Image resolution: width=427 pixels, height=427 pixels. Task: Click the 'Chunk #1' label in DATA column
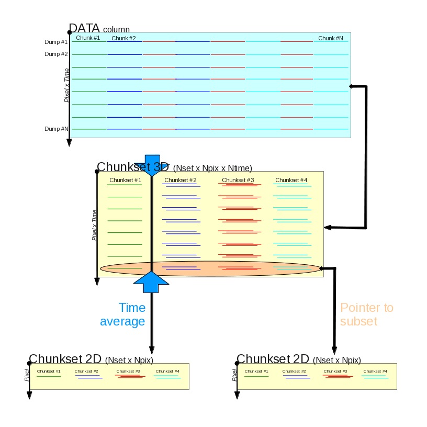pos(88,38)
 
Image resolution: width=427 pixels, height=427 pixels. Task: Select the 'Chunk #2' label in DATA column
pos(123,38)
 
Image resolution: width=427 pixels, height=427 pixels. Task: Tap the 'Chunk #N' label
pos(331,38)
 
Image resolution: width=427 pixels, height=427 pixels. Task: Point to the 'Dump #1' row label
pos(56,42)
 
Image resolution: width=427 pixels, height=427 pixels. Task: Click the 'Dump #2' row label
pos(56,54)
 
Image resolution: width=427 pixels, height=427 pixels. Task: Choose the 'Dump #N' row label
pos(56,129)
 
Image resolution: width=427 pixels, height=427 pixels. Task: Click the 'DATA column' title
pos(99,28)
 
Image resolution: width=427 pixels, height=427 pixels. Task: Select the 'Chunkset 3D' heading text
pos(133,167)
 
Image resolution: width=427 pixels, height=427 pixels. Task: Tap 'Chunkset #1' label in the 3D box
pos(125,181)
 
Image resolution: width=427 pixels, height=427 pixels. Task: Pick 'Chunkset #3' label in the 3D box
pos(238,181)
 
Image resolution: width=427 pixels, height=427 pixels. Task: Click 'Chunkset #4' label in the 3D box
pos(291,181)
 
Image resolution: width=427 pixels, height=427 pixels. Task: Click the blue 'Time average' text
pos(123,314)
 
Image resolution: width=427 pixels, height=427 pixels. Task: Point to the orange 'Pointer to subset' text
pos(366,314)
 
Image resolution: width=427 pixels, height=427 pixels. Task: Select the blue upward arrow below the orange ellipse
pos(152,282)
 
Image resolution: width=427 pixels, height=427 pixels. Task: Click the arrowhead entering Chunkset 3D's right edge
pos(328,228)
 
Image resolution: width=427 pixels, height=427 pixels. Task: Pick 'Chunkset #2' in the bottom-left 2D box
pos(86,372)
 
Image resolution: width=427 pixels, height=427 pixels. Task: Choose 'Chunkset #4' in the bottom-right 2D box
pos(375,372)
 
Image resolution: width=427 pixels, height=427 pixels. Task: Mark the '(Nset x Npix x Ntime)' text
pos(212,168)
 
